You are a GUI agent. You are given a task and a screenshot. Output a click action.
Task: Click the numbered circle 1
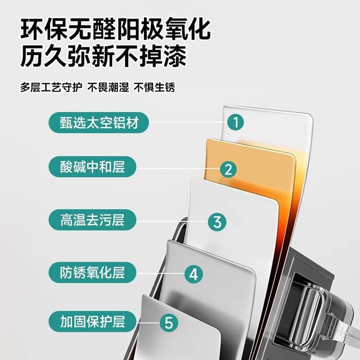(x=236, y=122)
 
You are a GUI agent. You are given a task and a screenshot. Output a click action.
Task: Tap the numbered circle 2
(x=228, y=169)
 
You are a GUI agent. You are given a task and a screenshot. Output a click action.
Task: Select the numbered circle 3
(x=217, y=222)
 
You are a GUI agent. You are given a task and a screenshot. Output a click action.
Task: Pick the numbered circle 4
(x=193, y=274)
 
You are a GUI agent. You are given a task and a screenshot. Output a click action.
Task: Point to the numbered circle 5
(x=169, y=322)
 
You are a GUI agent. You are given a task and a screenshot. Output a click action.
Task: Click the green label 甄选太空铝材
(x=98, y=123)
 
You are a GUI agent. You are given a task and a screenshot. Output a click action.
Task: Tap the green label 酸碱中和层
(x=92, y=166)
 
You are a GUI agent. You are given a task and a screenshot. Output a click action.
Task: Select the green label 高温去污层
(x=92, y=220)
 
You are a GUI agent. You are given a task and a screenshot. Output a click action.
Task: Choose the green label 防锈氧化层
(x=92, y=272)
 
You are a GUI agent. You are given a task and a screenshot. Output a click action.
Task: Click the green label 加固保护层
(x=92, y=321)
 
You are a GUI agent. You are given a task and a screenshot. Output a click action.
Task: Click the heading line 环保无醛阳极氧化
(x=115, y=30)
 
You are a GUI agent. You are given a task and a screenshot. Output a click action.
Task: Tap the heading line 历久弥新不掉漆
(x=103, y=56)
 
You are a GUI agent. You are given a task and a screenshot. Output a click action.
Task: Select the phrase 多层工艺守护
(x=51, y=87)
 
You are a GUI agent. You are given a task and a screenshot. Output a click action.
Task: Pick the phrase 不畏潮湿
(x=108, y=87)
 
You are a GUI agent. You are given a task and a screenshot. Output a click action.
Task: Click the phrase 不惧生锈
(x=155, y=87)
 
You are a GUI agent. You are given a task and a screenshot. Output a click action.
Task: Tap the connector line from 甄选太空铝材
(x=188, y=123)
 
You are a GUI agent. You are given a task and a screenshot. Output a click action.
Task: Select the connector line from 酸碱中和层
(x=178, y=168)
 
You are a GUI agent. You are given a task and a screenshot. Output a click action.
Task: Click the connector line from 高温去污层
(x=172, y=222)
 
